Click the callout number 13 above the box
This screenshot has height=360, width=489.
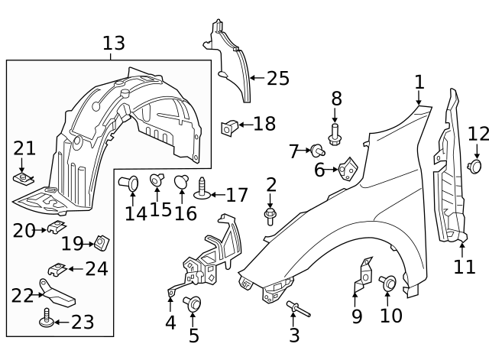coord(113,44)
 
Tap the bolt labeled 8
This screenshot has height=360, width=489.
coord(335,135)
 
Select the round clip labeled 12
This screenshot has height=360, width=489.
coord(476,166)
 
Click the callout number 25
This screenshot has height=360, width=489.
coord(278,77)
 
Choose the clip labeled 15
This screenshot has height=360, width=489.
coord(158,180)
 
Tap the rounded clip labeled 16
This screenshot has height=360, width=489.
coord(183,182)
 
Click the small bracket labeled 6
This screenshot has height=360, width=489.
coord(348,168)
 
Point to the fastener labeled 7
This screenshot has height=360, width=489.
coord(315,151)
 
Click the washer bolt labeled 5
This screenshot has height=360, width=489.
coord(193,303)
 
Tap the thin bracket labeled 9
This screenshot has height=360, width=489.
coord(363,279)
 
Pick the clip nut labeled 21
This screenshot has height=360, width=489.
coord(23,180)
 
